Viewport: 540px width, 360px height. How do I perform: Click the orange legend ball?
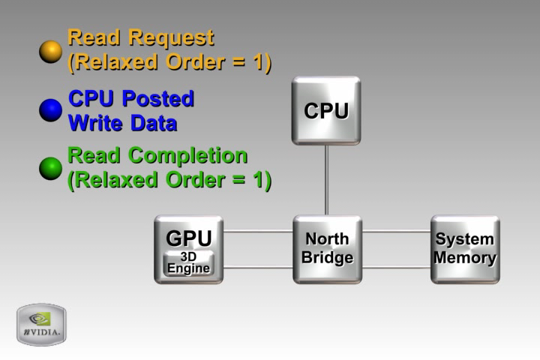click(x=50, y=52)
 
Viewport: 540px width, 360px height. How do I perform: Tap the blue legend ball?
click(x=50, y=110)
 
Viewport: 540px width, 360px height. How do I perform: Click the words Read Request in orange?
click(x=140, y=37)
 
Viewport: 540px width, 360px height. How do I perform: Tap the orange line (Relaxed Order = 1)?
click(x=169, y=62)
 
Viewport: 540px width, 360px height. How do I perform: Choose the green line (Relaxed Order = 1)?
click(x=169, y=181)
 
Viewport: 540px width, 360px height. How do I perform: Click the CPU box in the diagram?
click(x=326, y=110)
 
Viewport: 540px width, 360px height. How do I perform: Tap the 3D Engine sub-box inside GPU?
click(x=188, y=263)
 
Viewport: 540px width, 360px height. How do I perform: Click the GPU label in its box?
click(x=188, y=238)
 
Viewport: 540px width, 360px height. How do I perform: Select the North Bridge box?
click(x=327, y=249)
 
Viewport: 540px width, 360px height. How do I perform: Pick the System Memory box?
click(x=465, y=249)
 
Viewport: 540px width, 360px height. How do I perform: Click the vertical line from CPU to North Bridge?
click(x=326, y=180)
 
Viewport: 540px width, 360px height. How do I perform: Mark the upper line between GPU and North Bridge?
click(x=257, y=231)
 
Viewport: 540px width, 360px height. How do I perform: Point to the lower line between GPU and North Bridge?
click(x=257, y=267)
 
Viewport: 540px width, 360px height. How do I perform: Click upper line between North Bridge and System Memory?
click(x=396, y=231)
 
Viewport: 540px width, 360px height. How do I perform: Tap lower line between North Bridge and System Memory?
click(x=396, y=267)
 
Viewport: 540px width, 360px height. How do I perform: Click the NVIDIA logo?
click(x=41, y=324)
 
